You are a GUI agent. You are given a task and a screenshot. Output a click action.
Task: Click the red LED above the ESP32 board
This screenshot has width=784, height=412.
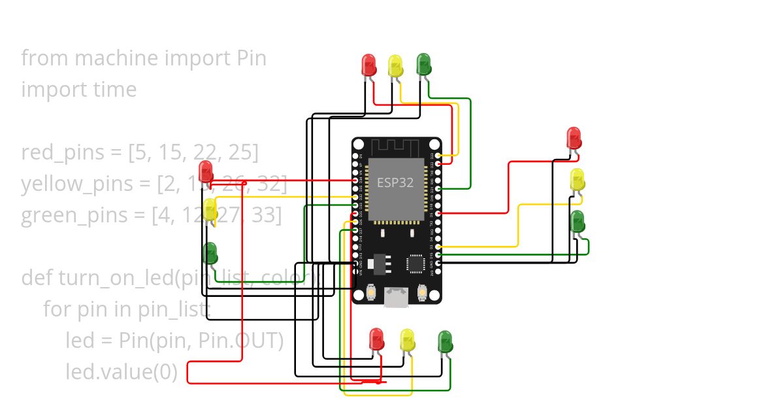pyautogui.click(x=369, y=65)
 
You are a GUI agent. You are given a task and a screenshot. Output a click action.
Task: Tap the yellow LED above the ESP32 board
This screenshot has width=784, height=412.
pyautogui.click(x=395, y=65)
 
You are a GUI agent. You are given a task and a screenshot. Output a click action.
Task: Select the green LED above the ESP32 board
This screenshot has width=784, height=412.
pyautogui.click(x=423, y=63)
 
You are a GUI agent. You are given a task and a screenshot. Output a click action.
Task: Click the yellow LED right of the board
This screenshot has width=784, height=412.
pyautogui.click(x=578, y=180)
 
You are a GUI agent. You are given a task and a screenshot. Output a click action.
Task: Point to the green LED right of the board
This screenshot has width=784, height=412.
pyautogui.click(x=578, y=222)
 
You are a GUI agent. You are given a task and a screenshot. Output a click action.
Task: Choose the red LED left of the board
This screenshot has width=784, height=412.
pyautogui.click(x=206, y=171)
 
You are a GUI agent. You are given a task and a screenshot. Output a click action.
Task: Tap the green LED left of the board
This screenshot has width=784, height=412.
pyautogui.click(x=210, y=253)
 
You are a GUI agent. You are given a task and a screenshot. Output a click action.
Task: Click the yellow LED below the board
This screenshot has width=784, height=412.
pyautogui.click(x=407, y=339)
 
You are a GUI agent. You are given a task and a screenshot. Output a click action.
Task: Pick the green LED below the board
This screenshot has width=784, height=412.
pyautogui.click(x=445, y=341)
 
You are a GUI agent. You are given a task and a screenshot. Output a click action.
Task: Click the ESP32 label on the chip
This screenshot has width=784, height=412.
pyautogui.click(x=395, y=182)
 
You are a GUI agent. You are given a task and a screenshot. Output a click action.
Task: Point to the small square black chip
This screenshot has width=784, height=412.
pyautogui.click(x=416, y=263)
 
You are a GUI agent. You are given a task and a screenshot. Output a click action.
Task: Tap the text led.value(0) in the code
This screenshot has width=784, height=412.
pyautogui.click(x=122, y=372)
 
